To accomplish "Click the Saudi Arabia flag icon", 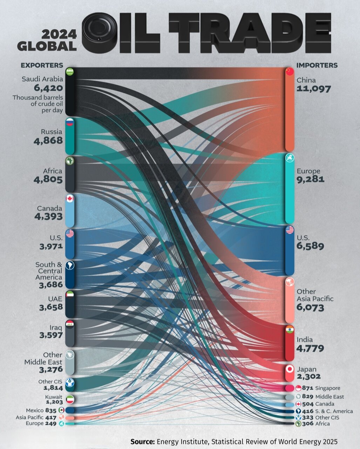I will [x=69, y=72].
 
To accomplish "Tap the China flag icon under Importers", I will [x=289, y=72].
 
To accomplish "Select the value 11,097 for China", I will [x=313, y=89].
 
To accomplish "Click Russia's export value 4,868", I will [x=48, y=141].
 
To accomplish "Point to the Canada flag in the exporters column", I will [x=70, y=199].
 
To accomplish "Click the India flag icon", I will [x=290, y=330].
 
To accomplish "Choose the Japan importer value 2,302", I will [x=308, y=376].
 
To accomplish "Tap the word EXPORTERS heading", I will [x=42, y=65].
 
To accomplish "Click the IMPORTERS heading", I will [x=317, y=65].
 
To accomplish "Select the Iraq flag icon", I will [x=69, y=324].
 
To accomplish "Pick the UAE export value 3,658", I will [x=51, y=307].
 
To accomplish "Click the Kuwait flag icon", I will [x=70, y=399].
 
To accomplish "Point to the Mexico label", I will [x=35, y=410].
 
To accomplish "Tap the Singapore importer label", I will [x=327, y=388].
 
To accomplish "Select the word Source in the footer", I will [x=142, y=441].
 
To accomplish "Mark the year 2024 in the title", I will [x=59, y=34].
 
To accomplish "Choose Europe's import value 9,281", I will [x=310, y=179].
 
